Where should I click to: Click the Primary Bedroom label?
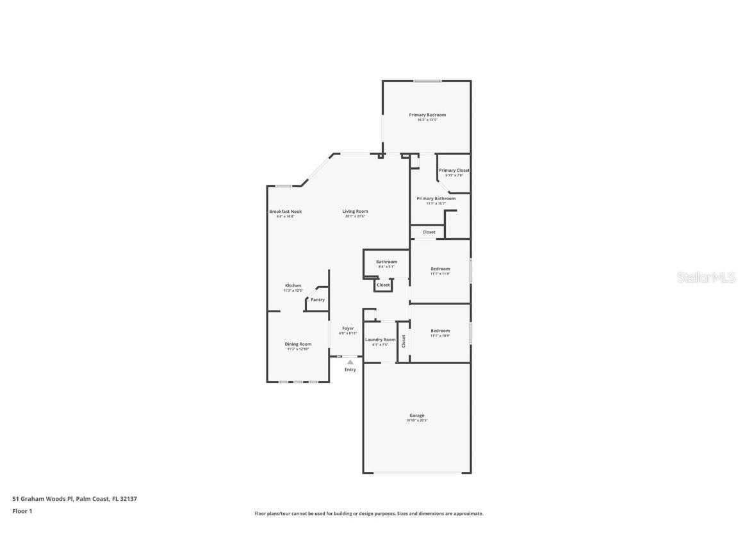(x=427, y=115)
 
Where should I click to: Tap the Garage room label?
(x=417, y=415)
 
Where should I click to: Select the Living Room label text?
(x=355, y=212)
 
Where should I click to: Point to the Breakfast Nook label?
(x=285, y=212)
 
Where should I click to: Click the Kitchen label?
(x=293, y=286)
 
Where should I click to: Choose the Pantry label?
(x=317, y=299)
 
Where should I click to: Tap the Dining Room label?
(x=298, y=344)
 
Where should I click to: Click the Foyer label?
(x=348, y=328)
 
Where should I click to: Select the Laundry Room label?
(x=380, y=340)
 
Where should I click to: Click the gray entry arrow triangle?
(x=350, y=362)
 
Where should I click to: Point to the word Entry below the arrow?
(x=350, y=369)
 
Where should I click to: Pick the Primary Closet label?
(x=454, y=171)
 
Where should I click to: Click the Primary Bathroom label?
(x=436, y=199)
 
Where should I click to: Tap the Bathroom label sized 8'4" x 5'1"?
(x=386, y=262)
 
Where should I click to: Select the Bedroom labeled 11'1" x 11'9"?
(x=440, y=269)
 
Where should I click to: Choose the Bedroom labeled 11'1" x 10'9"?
(x=440, y=331)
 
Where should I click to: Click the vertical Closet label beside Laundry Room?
(x=404, y=341)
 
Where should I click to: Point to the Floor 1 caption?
(x=22, y=511)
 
